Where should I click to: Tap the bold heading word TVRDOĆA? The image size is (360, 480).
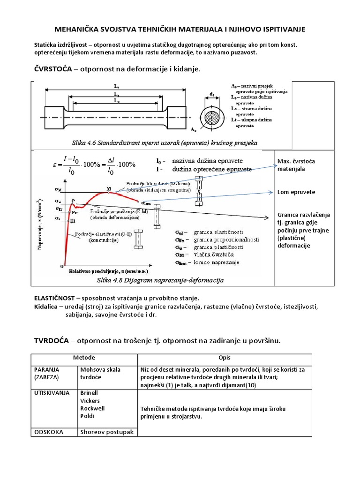pos(51,340)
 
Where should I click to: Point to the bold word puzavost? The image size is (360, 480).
pos(240,52)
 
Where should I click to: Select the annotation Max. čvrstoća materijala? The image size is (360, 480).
pos(295,165)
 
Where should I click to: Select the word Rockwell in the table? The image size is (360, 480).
pos(92,408)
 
